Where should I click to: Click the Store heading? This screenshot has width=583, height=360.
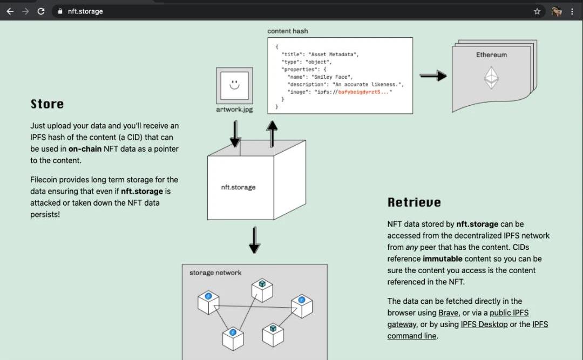click(x=47, y=104)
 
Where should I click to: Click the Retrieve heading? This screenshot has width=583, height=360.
click(x=414, y=202)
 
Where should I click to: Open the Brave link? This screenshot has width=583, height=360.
click(x=448, y=313)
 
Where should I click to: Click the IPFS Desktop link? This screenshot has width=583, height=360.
click(x=484, y=324)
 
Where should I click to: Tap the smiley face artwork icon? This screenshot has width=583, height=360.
click(x=234, y=85)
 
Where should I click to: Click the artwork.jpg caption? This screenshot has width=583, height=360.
click(x=234, y=110)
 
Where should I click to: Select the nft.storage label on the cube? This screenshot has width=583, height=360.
click(x=238, y=187)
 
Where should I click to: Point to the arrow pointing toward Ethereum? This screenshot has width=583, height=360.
click(x=433, y=76)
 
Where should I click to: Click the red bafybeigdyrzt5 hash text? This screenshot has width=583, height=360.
click(x=361, y=92)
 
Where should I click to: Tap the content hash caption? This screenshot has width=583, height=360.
click(x=287, y=31)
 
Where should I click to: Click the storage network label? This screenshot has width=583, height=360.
click(x=215, y=273)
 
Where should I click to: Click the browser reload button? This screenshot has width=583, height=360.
click(x=41, y=11)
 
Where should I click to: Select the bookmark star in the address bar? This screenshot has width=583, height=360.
click(x=537, y=11)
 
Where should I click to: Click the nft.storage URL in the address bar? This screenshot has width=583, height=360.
click(x=85, y=11)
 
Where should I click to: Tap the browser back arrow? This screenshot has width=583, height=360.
click(x=10, y=11)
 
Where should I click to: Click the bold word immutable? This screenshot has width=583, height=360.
click(x=443, y=259)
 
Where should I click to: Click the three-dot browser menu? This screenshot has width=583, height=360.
click(x=572, y=11)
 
